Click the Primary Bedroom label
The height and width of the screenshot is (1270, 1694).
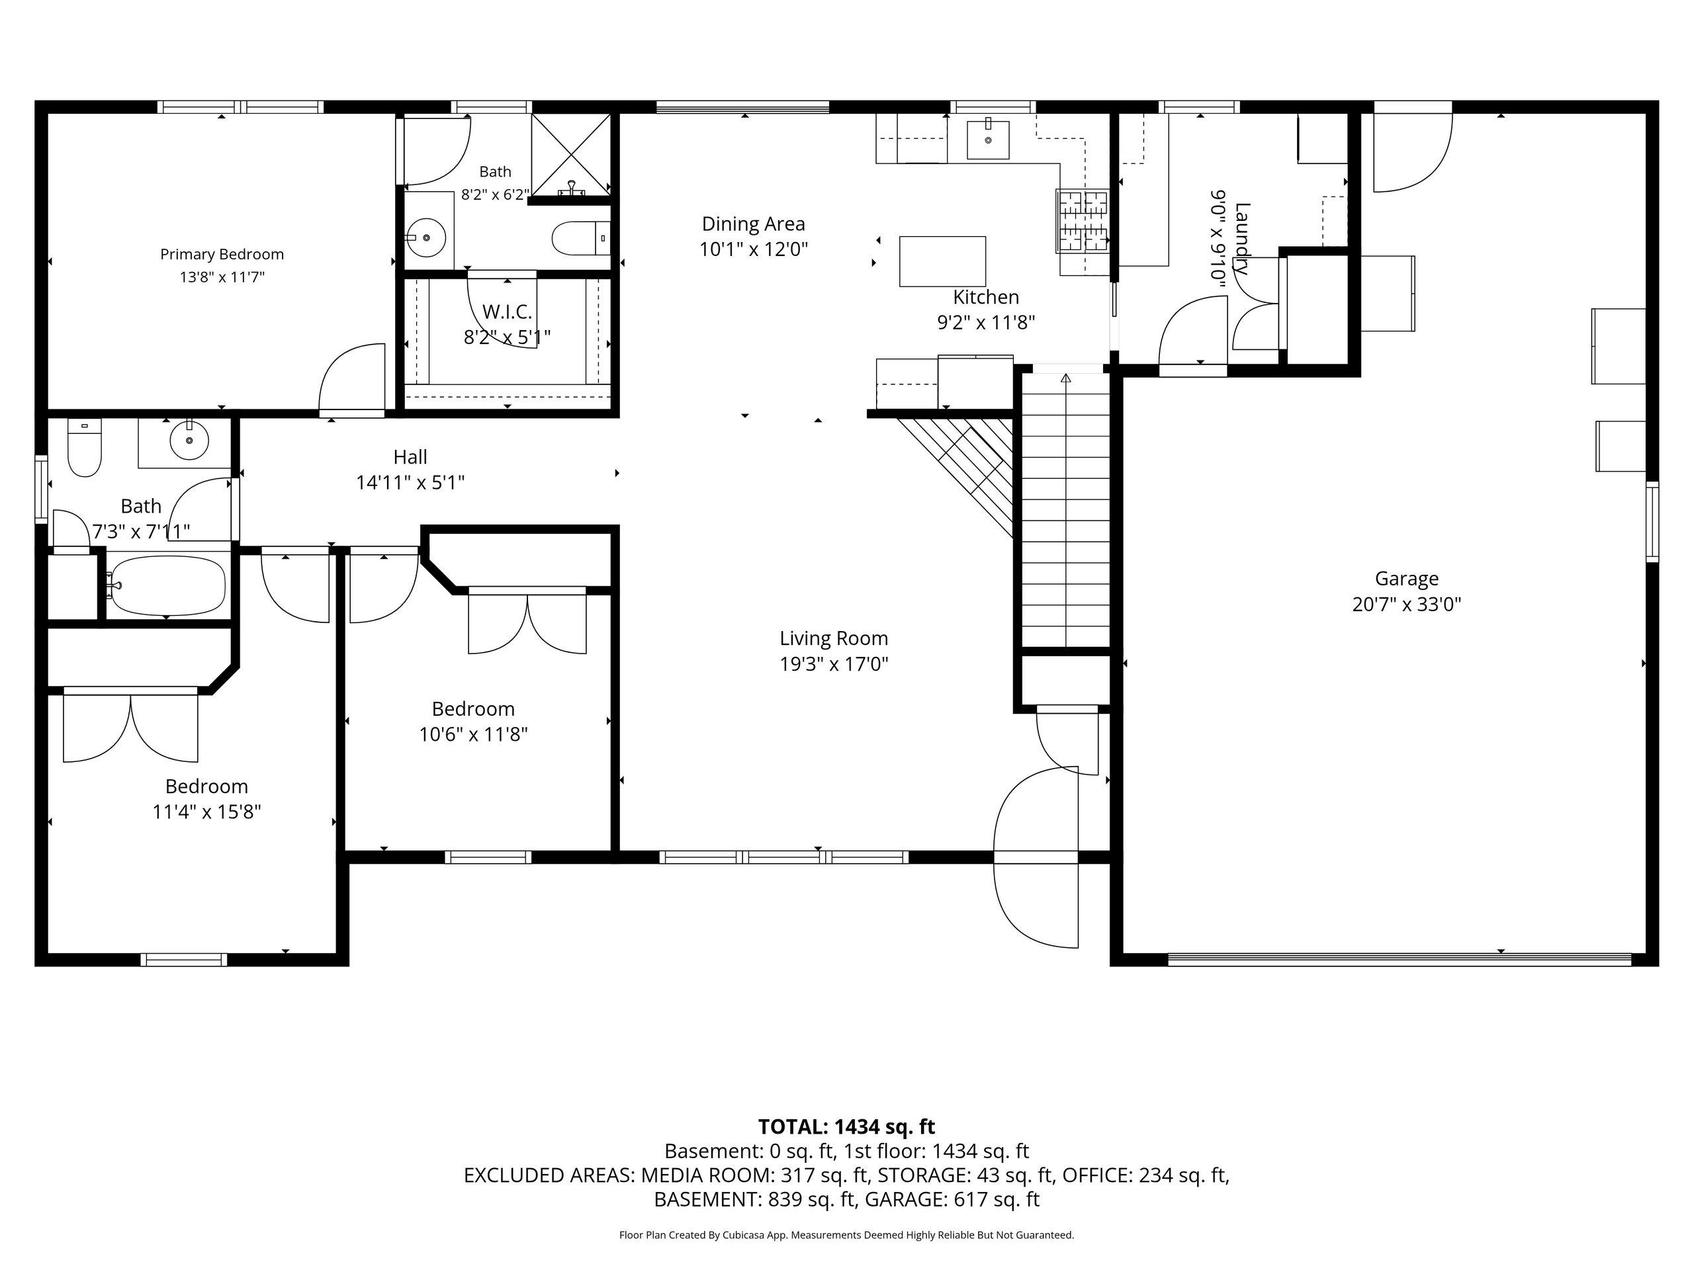[x=222, y=254]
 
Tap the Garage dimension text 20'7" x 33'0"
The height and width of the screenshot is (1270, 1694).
[x=1407, y=605]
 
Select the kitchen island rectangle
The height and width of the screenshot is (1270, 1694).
[x=942, y=261]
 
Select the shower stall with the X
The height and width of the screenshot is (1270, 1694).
[x=571, y=154]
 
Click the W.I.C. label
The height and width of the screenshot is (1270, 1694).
[x=507, y=312]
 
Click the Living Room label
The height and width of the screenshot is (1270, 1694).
[x=834, y=638]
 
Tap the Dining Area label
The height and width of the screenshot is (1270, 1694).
[x=754, y=224]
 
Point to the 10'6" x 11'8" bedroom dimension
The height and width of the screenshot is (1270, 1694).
[x=473, y=735]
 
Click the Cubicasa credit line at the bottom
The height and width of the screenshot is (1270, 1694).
[x=846, y=1235]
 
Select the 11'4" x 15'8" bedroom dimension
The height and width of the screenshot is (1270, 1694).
[x=206, y=812]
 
